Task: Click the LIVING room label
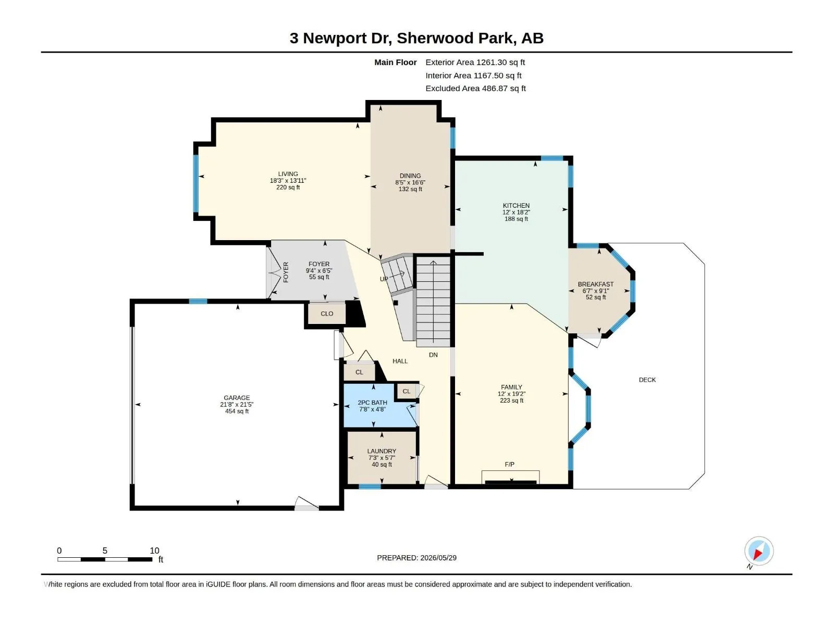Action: coord(288,174)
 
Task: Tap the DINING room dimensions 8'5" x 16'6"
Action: coord(410,182)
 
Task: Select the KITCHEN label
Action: coord(516,206)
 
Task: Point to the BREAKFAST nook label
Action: coord(595,284)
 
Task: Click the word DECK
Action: coord(647,380)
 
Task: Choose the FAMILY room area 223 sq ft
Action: coord(511,401)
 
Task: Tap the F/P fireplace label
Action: coord(509,465)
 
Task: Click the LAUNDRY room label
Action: coord(382,451)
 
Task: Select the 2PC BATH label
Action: coord(372,403)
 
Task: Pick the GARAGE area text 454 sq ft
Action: coord(237,411)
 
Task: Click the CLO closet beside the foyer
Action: coord(327,314)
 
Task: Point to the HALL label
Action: coord(400,361)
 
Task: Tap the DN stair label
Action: coord(433,355)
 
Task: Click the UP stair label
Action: coord(384,279)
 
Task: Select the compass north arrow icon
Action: coord(758,551)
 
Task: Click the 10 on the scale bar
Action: coord(154,551)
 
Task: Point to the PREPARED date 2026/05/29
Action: coord(438,558)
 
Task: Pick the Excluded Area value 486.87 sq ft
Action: coord(504,89)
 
